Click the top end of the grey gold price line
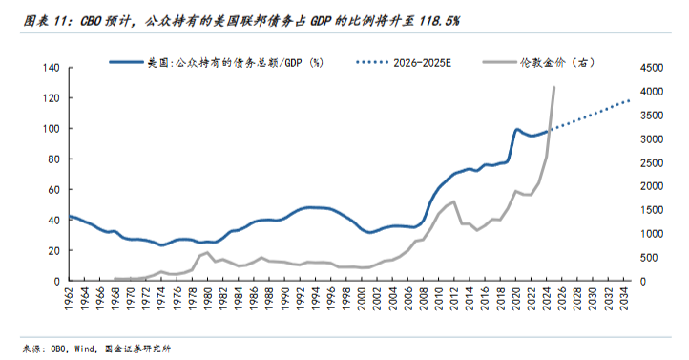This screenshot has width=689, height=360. (x=554, y=87)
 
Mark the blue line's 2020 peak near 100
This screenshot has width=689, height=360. (x=516, y=129)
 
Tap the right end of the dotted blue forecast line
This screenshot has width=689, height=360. (x=629, y=100)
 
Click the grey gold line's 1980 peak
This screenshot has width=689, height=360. (x=208, y=252)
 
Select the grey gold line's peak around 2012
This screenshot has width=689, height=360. (x=452, y=201)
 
